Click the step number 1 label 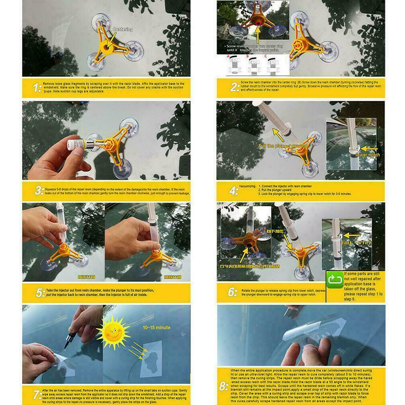[x=36, y=87]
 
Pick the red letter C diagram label [x=266, y=56]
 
